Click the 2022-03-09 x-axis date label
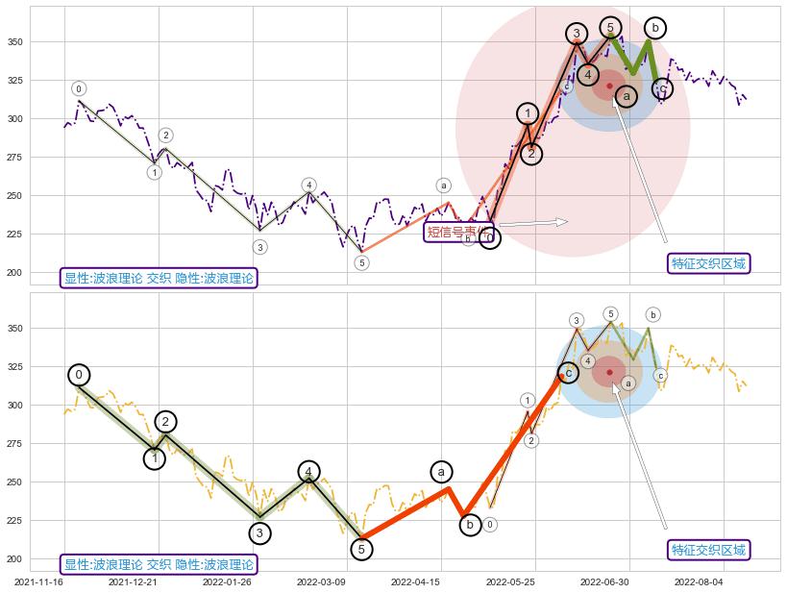click(320, 581)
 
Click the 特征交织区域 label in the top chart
click(708, 263)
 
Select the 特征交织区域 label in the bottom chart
click(708, 550)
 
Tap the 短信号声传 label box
click(458, 232)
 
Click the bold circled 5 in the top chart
click(610, 28)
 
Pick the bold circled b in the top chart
click(654, 28)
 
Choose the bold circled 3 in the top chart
click(577, 34)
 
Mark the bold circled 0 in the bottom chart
click(79, 375)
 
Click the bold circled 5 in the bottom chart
click(360, 550)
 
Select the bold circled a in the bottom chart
click(441, 471)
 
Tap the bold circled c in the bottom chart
click(568, 373)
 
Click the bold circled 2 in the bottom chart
click(165, 421)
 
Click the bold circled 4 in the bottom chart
click(308, 471)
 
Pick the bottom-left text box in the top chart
click(160, 279)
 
